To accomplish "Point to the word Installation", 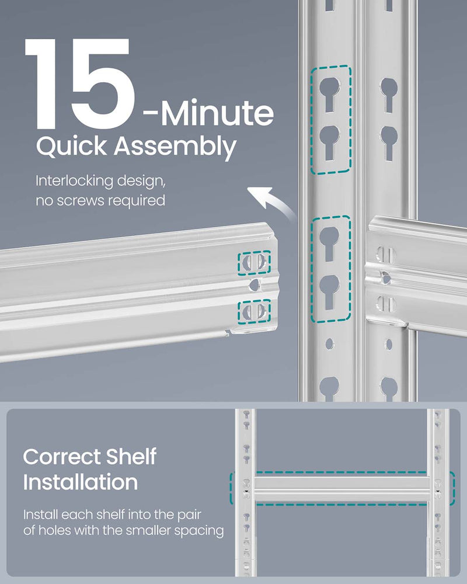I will pyautogui.click(x=81, y=482).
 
